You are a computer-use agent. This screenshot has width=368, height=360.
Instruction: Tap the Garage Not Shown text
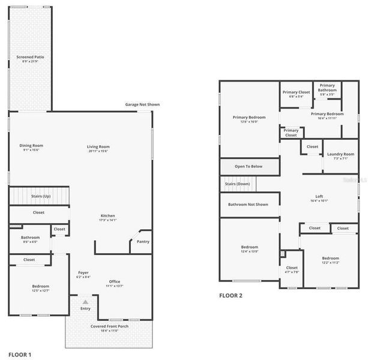click(142, 104)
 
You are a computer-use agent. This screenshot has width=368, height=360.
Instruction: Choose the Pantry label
click(143, 241)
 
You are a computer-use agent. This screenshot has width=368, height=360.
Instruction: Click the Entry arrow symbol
click(85, 302)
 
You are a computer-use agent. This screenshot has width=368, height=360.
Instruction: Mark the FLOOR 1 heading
click(19, 355)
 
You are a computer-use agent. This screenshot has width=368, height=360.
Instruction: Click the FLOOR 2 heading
click(231, 295)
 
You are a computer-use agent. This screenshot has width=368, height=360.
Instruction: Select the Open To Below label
click(248, 166)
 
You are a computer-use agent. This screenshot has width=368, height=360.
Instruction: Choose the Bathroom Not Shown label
click(248, 204)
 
